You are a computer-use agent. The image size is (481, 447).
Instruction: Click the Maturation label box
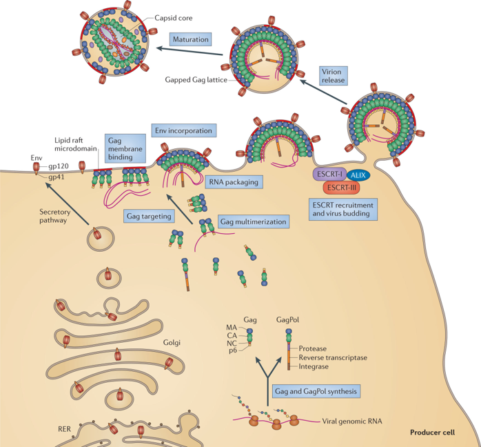pyautogui.click(x=190, y=39)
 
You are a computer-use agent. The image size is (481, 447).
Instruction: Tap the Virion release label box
pyautogui.click(x=333, y=75)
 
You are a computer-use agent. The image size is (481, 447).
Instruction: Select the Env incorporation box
pyautogui.click(x=184, y=130)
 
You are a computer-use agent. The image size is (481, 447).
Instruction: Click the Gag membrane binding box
pyautogui.click(x=125, y=148)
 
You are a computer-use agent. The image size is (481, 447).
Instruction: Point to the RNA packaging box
pyautogui.click(x=234, y=182)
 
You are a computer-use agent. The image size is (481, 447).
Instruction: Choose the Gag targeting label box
pyautogui.click(x=149, y=216)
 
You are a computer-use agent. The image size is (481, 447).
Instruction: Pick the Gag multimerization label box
pyautogui.click(x=254, y=221)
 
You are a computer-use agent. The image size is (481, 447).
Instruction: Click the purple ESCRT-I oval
pyautogui.click(x=329, y=174)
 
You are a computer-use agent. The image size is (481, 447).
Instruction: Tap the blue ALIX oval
pyautogui.click(x=358, y=175)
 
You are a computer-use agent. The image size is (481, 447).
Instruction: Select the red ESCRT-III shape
pyautogui.click(x=341, y=188)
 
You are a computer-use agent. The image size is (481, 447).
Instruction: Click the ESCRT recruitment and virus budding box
pyautogui.click(x=343, y=210)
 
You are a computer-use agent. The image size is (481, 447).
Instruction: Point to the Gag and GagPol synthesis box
pyautogui.click(x=316, y=391)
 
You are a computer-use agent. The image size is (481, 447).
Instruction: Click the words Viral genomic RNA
pyautogui.click(x=352, y=421)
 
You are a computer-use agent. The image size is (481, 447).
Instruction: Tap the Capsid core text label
pyautogui.click(x=174, y=18)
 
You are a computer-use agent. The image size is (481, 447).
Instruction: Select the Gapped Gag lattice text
pyautogui.click(x=196, y=80)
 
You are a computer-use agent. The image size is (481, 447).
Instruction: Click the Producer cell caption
pyautogui.click(x=433, y=433)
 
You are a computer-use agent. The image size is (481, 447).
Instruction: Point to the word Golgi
pyautogui.click(x=172, y=342)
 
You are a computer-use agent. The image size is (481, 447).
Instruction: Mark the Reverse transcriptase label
pyautogui.click(x=333, y=357)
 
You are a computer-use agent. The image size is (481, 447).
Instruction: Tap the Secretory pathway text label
pyautogui.click(x=55, y=216)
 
